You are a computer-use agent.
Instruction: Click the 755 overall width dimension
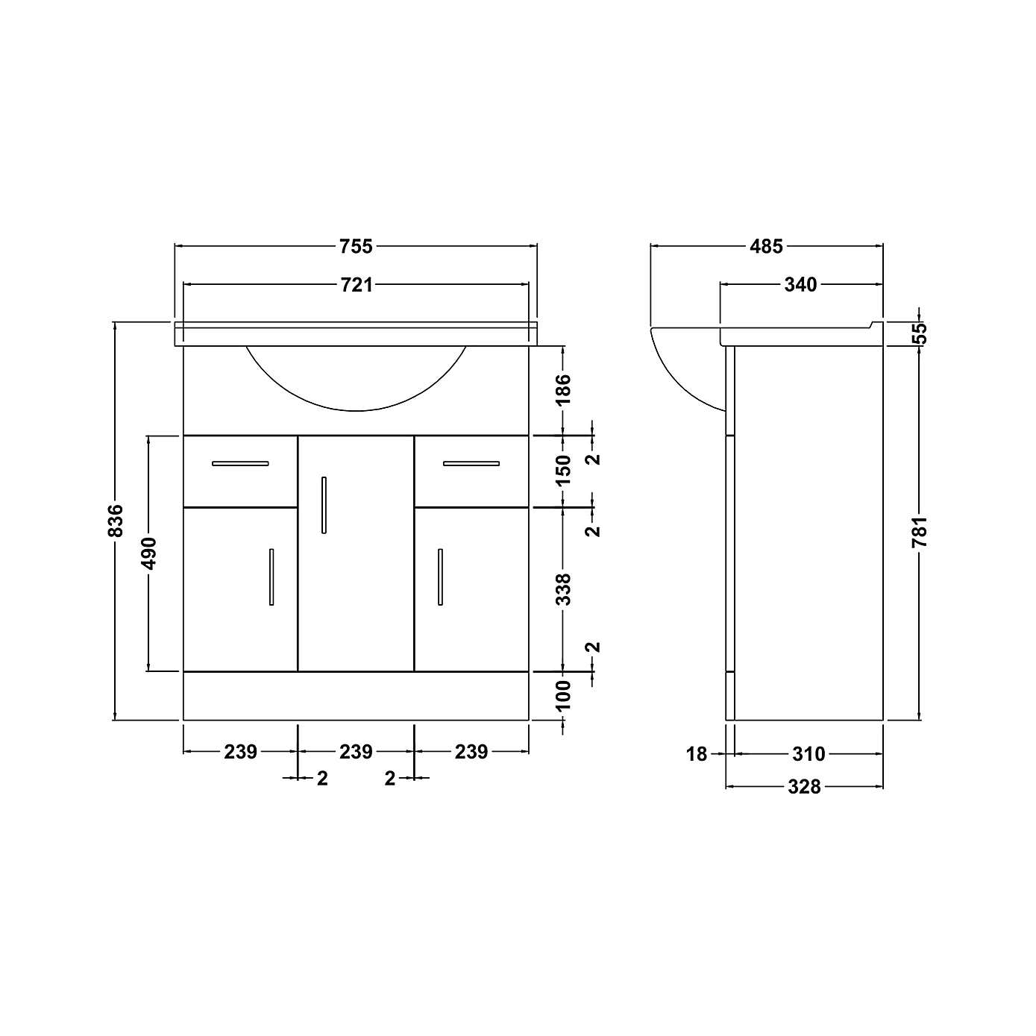pos(356,245)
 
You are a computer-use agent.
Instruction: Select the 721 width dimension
pos(356,284)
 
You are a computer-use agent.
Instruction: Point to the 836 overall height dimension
pos(115,521)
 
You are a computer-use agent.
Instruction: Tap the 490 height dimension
pos(149,553)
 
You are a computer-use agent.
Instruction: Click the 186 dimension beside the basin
pos(563,389)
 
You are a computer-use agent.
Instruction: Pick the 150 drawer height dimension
pos(563,471)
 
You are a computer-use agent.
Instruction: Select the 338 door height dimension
pos(563,588)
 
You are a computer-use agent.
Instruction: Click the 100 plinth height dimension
pos(563,695)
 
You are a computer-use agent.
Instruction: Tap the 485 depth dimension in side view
pos(767,245)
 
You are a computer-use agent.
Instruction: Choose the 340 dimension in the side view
pos(800,284)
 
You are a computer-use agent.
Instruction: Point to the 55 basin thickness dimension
pos(920,332)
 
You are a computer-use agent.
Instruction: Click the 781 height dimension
pos(920,533)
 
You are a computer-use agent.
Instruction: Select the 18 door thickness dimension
pos(696,754)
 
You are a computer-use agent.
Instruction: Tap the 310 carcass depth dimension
pos(809,754)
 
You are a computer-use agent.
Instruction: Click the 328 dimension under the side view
pos(804,786)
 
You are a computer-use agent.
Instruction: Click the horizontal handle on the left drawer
pos(240,463)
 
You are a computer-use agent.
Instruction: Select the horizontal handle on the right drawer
pos(471,463)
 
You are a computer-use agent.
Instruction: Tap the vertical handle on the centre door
pos(324,505)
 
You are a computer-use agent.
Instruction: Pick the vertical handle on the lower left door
pos(271,577)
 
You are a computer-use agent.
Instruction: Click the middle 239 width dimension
pos(356,752)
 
